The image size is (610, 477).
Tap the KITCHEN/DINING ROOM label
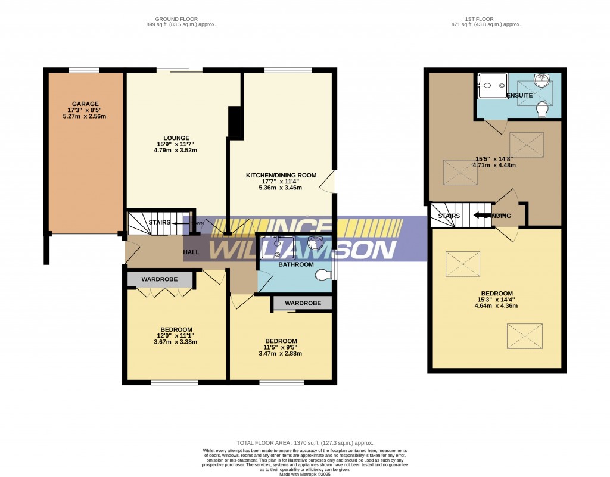281,175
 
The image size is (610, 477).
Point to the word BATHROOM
296,264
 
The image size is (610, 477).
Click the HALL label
191,252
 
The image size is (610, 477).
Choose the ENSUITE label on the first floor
519,95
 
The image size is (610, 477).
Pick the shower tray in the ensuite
492,86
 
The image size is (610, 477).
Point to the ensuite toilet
542,110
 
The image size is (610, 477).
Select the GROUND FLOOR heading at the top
181,19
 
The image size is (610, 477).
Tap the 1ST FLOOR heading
486,19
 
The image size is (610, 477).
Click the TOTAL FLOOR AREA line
304,443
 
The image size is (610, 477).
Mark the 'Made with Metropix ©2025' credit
304,473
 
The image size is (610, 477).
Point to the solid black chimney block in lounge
236,123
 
